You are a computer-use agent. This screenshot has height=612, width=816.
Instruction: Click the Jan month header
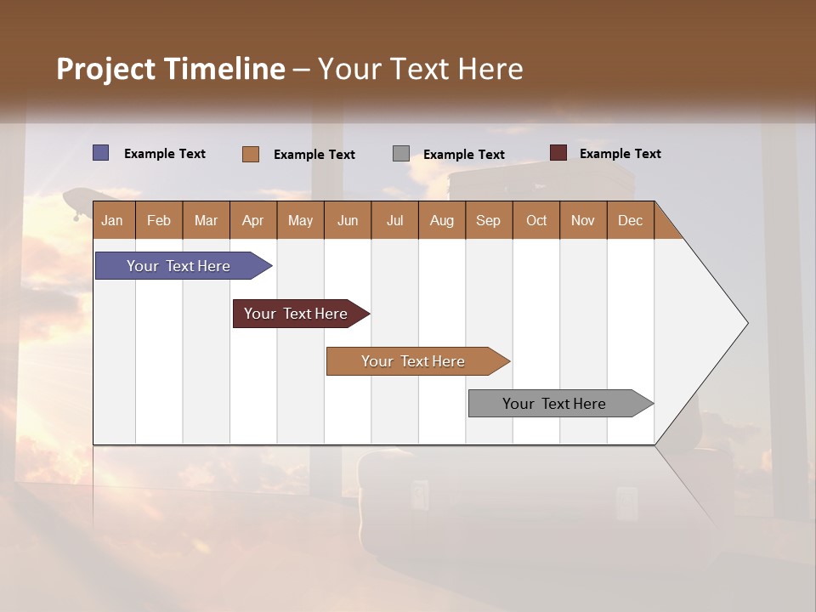[112, 220]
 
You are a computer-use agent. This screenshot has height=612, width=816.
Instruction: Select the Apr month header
[252, 220]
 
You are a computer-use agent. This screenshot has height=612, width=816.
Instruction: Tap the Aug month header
[441, 220]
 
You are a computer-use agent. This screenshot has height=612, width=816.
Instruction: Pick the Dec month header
[630, 220]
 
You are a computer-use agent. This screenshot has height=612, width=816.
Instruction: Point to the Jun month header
[348, 220]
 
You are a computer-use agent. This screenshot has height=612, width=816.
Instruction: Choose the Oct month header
[536, 220]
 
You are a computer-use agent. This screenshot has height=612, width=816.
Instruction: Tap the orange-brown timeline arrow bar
[415, 361]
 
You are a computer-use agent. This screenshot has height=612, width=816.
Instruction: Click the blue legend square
[101, 153]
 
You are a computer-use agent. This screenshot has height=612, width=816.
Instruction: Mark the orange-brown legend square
[250, 154]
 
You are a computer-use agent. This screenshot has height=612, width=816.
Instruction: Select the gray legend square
[401, 154]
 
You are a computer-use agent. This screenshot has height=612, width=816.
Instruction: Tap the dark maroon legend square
[558, 153]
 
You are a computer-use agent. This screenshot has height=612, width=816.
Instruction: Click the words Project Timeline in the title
[170, 69]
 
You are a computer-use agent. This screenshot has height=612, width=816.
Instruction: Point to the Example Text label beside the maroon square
[620, 154]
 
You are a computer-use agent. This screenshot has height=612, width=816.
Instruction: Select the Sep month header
[488, 220]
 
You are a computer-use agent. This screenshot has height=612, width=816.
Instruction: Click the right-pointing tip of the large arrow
[745, 323]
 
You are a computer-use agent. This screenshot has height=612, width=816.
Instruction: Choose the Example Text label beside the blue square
[165, 154]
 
